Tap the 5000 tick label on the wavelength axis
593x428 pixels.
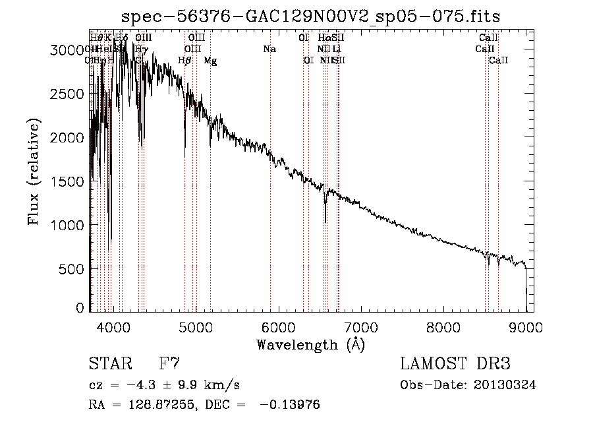click(195, 326)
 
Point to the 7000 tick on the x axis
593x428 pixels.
click(360, 326)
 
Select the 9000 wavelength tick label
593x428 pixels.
click(525, 326)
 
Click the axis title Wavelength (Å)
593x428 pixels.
click(310, 344)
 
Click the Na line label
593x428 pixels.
click(269, 49)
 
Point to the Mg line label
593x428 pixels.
click(210, 61)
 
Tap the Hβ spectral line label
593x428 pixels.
click(184, 61)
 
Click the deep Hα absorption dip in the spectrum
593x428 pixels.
click(325, 212)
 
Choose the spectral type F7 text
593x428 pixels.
click(169, 364)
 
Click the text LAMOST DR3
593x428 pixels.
click(455, 364)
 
